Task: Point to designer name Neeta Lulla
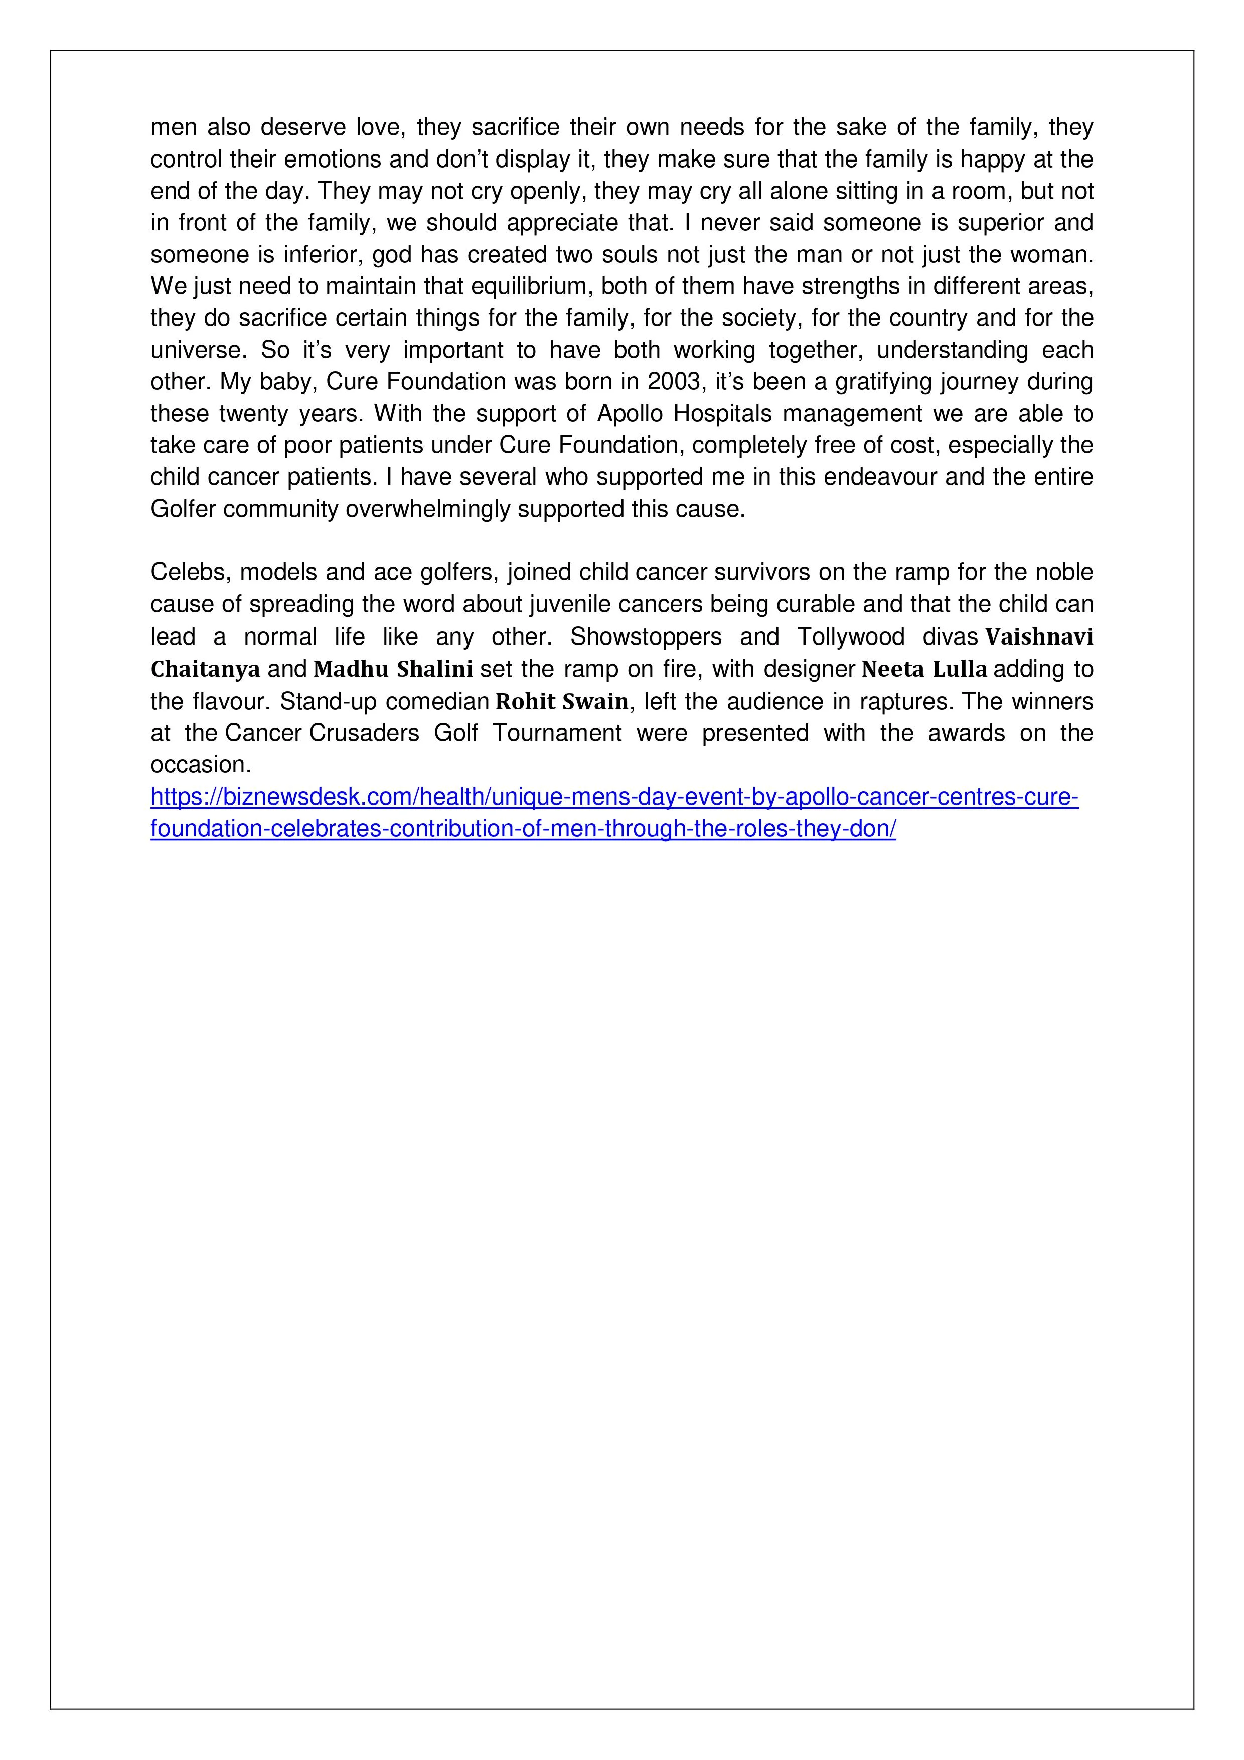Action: click(x=924, y=669)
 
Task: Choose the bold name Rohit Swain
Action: click(x=562, y=701)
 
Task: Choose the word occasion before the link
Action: click(x=200, y=765)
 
